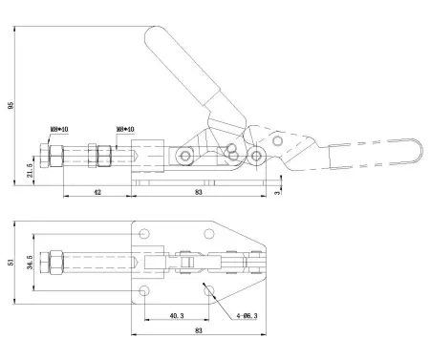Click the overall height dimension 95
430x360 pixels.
pyautogui.click(x=11, y=107)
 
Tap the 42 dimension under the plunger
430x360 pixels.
pyautogui.click(x=97, y=192)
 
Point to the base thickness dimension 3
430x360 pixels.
pyautogui.click(x=278, y=193)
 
